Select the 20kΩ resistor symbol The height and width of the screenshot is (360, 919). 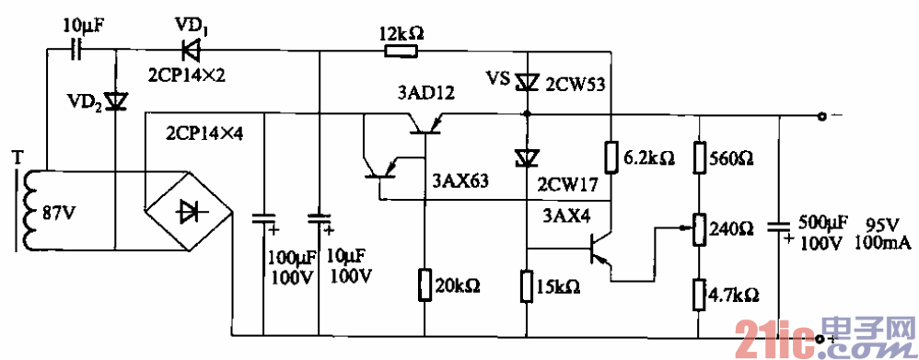click(425, 285)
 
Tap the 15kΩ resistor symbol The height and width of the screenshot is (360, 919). click(527, 285)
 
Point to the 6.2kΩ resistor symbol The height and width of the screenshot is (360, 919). click(610, 156)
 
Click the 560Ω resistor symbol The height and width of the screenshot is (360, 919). click(699, 156)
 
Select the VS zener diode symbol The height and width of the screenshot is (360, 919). click(527, 83)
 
